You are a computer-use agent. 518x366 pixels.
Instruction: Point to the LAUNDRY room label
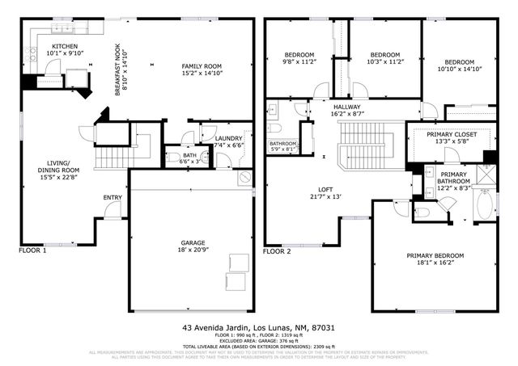[x=228, y=138]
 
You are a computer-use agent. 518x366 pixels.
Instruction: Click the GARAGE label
[x=192, y=243]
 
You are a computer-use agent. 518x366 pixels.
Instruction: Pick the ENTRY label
[x=112, y=197]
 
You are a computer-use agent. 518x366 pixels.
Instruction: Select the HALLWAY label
[x=349, y=106]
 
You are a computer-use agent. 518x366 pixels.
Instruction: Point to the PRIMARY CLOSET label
[x=452, y=135]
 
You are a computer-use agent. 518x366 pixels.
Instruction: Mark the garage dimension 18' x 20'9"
[x=192, y=251]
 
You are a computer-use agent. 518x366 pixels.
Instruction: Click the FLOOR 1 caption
[x=33, y=251]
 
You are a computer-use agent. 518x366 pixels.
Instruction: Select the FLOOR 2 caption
[x=280, y=251]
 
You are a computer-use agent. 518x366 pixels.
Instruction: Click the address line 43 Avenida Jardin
[x=258, y=328]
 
